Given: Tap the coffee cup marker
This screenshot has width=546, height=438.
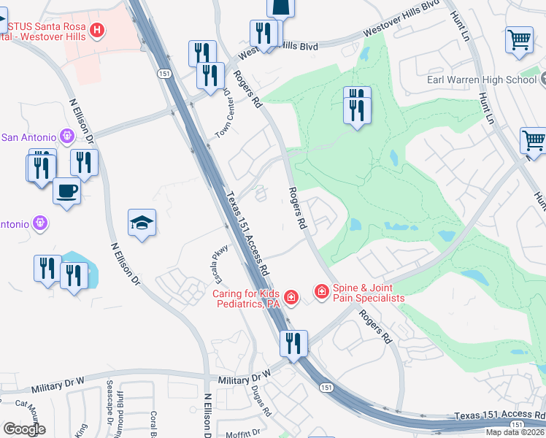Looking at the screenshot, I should tap(67, 191).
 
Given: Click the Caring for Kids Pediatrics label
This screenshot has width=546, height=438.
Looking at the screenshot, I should tap(246, 299).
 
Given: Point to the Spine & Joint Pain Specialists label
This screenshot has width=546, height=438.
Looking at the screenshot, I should tap(368, 293).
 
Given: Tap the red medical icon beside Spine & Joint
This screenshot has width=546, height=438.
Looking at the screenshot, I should tap(320, 292).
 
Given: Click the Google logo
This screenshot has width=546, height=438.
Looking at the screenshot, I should tap(24, 429).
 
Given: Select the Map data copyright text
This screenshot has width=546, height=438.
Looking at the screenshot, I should tap(515, 432).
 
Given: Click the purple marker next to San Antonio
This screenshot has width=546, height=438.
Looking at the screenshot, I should tap(68, 136).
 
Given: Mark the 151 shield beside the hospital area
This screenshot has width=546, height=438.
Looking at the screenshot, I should tap(158, 74).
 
